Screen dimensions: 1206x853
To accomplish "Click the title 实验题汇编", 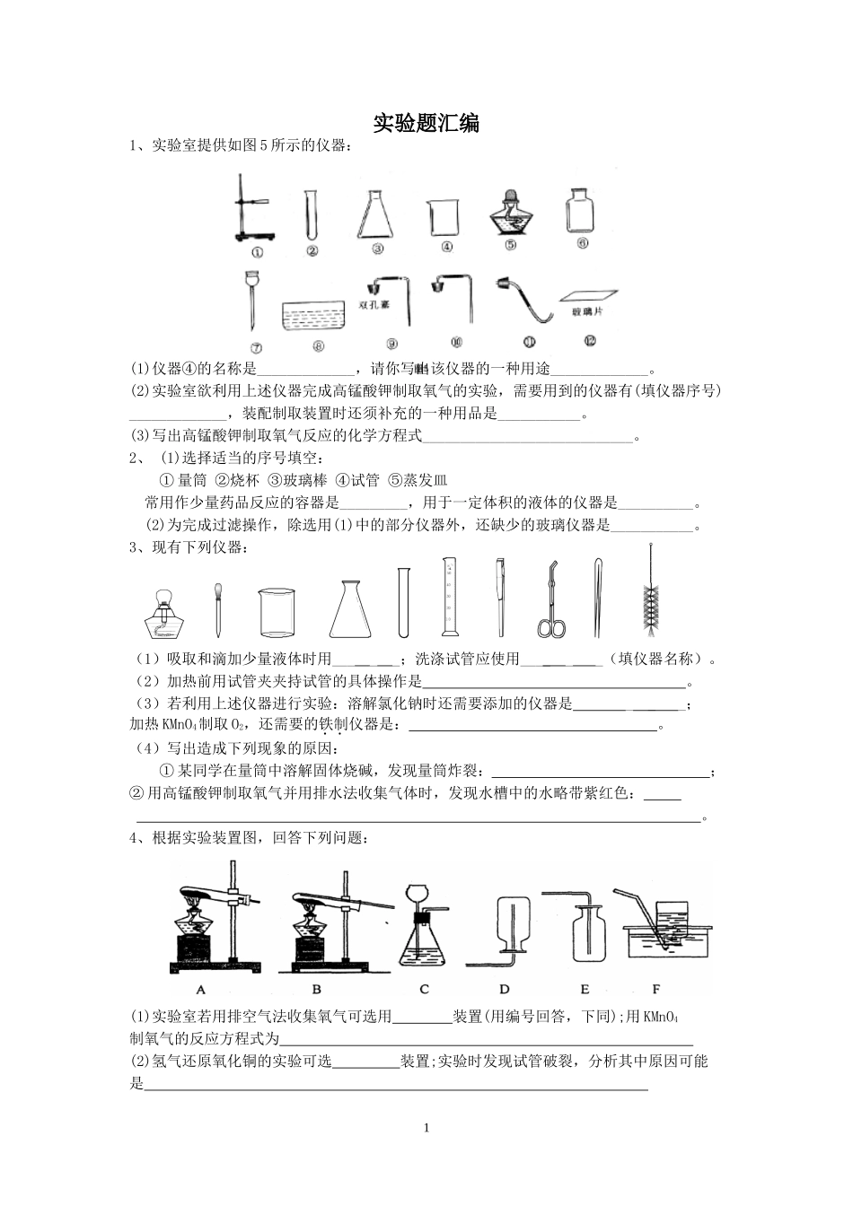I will click(x=426, y=124).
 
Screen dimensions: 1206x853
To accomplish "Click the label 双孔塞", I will click(x=372, y=304).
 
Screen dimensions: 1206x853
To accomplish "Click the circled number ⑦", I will click(x=255, y=348).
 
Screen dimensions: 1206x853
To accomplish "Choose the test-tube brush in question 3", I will click(x=649, y=592).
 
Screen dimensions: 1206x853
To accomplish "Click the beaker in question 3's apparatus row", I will click(x=277, y=611).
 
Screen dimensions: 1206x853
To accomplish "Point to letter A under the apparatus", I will click(x=201, y=990).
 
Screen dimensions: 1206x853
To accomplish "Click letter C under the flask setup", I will click(x=424, y=990).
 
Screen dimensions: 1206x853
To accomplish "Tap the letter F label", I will click(x=655, y=989).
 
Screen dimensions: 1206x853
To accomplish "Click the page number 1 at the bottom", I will click(x=426, y=1128).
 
